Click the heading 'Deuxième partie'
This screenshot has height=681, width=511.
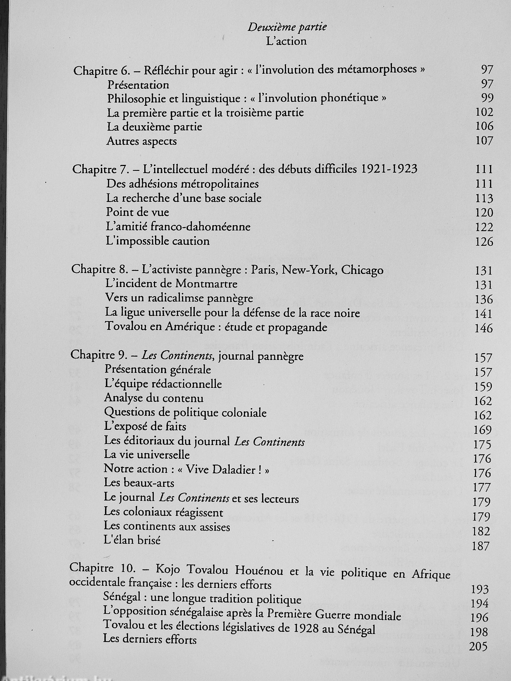[x=287, y=28]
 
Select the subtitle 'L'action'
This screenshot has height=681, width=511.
[x=286, y=42]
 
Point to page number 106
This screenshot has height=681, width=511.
[x=484, y=126]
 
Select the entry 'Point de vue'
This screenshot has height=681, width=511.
[x=137, y=213]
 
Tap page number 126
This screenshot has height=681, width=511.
[x=484, y=242]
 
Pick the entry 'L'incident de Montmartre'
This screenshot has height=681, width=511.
[x=171, y=283]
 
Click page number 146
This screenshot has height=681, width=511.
[x=484, y=329]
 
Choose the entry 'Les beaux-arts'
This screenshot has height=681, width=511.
[x=139, y=483]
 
